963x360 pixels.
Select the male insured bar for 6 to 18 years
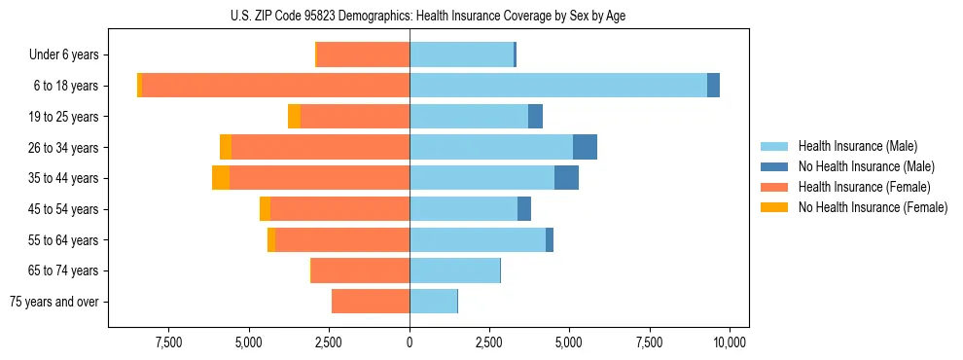[557, 86]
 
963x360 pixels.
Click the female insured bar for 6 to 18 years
[275, 86]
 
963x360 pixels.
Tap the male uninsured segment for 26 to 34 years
[585, 147]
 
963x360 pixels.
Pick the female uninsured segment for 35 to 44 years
[221, 178]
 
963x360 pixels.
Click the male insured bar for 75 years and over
[433, 302]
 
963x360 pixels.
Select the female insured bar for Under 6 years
[363, 54]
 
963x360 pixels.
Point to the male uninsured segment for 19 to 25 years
[535, 117]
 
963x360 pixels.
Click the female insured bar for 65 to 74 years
[360, 270]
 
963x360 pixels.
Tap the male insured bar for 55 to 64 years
[478, 239]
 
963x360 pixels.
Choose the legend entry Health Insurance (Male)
[857, 146]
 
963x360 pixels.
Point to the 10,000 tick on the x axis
[730, 342]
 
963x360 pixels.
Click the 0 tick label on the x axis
[410, 342]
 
